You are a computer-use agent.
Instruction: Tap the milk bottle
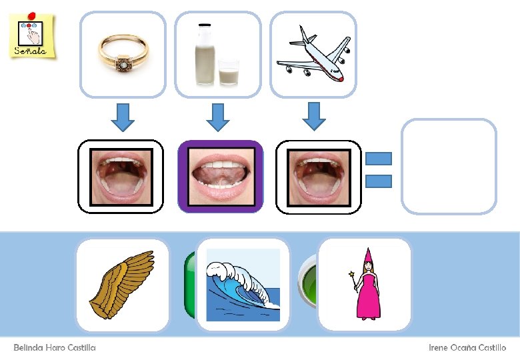pos(205,55)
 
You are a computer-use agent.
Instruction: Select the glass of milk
pos(229,72)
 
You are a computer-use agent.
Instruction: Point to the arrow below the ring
pos(122,116)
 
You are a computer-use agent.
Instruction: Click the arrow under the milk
pos(217,116)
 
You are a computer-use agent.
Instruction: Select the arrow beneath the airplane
pos(313,116)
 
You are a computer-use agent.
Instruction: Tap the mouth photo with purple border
pos(220,176)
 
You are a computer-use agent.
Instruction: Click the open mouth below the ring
pos(121,176)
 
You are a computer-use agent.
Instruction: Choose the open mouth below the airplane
pos(318,176)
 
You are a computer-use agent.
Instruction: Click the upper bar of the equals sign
pos(378,159)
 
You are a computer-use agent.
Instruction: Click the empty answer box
pos(449,166)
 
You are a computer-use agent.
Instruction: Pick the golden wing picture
pos(123,285)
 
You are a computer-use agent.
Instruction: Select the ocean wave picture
pos(243,285)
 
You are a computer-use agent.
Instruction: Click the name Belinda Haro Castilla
pos(55,347)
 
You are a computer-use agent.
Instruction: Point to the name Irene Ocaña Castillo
pos(467,347)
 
